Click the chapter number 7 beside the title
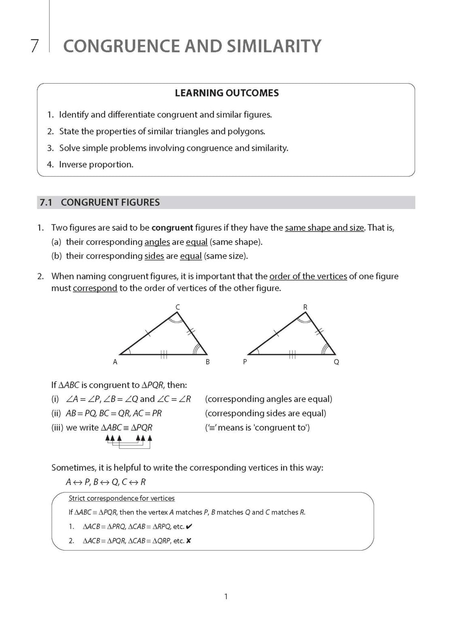click(x=34, y=46)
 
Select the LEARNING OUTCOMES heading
click(x=226, y=93)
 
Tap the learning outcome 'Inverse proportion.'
click(x=96, y=165)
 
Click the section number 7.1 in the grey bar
click(x=46, y=203)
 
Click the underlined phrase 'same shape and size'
click(x=324, y=228)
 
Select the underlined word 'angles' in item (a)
click(x=157, y=242)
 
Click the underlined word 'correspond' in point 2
click(x=95, y=288)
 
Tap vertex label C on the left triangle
click(x=177, y=308)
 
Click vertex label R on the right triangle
click(x=305, y=307)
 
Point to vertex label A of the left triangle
click(x=115, y=362)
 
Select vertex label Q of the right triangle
click(x=336, y=362)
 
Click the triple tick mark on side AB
click(x=164, y=355)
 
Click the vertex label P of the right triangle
click(x=245, y=362)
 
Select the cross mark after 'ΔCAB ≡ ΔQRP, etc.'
click(x=188, y=541)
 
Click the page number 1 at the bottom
click(x=226, y=596)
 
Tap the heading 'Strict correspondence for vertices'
click(x=122, y=498)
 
